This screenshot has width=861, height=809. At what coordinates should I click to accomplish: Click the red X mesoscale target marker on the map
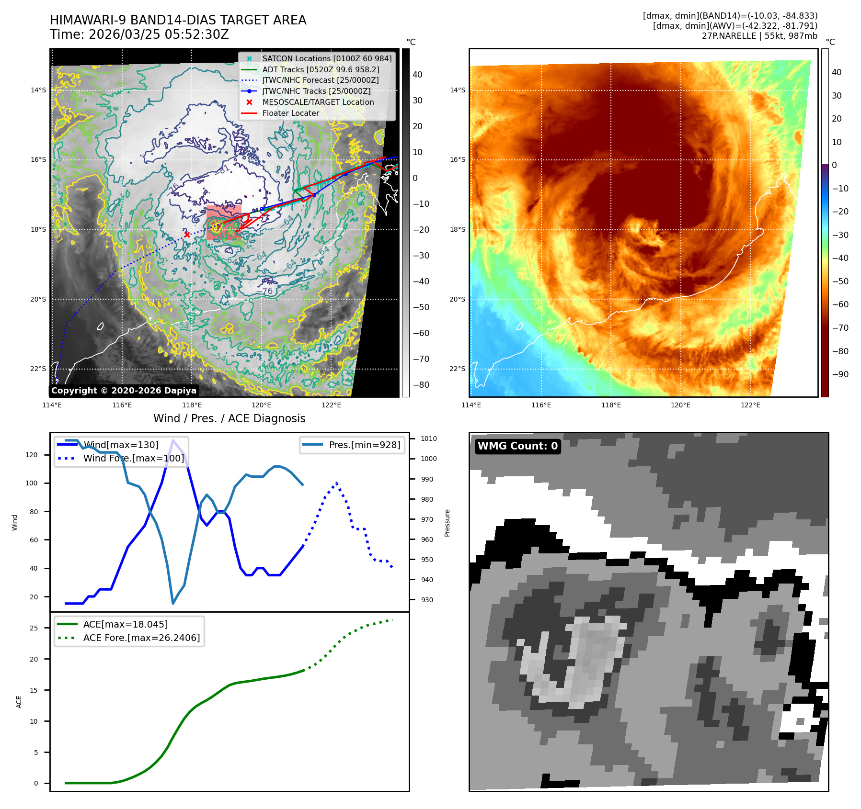point(187,235)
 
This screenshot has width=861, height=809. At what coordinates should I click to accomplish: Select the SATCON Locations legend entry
point(326,58)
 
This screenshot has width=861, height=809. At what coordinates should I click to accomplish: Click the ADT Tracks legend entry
point(321,69)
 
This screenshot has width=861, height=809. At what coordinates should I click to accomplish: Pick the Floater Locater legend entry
point(290,113)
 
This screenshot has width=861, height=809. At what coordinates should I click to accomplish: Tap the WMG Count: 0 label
point(517,446)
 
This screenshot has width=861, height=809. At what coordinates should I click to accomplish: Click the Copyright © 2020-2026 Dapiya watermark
point(124,391)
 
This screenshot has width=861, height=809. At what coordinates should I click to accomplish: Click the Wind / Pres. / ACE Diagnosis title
point(229,418)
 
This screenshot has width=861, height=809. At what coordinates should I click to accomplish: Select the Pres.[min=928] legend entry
point(364,445)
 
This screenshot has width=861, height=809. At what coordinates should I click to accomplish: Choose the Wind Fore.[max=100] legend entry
point(133,458)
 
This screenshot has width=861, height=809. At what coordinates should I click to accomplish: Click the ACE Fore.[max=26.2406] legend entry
point(141,638)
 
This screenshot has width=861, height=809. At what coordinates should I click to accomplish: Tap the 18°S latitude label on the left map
point(38,230)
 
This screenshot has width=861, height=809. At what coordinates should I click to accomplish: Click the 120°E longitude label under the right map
point(680,405)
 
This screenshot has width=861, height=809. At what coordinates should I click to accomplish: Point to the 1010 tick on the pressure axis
point(429,438)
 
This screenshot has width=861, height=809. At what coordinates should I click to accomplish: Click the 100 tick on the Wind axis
point(32,483)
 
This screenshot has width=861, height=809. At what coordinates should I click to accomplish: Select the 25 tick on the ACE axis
point(34,628)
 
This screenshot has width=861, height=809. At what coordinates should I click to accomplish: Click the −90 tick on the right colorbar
point(840,374)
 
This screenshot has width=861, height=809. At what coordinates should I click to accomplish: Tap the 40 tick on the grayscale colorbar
point(417,75)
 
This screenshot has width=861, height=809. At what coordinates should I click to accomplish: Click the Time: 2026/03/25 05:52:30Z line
point(139,34)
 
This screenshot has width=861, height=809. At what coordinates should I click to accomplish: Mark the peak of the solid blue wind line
point(173,440)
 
